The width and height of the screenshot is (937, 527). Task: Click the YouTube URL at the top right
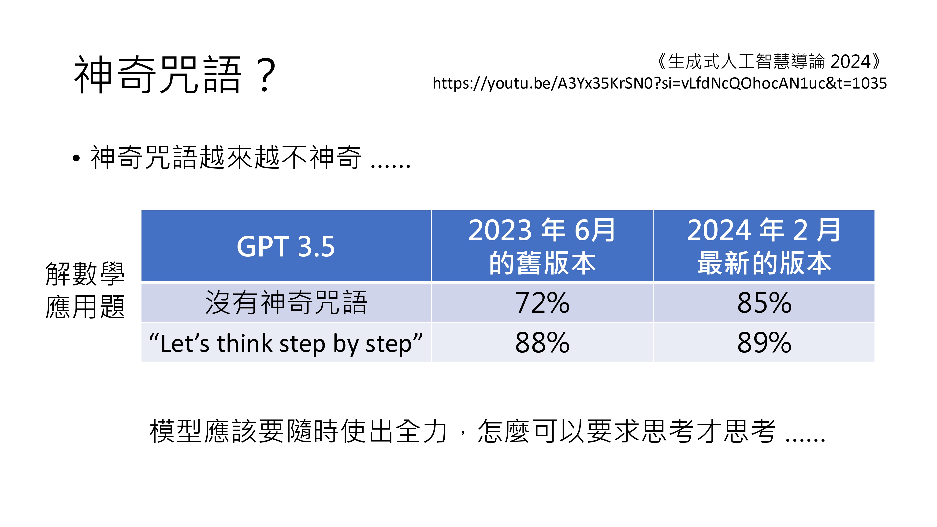click(x=659, y=83)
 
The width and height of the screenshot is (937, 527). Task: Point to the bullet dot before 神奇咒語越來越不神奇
click(x=76, y=158)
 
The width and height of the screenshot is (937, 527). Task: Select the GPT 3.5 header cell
click(x=286, y=246)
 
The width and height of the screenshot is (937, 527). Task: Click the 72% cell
click(x=542, y=303)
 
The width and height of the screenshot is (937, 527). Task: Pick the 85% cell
click(x=764, y=303)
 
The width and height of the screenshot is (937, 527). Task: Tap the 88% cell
click(x=542, y=342)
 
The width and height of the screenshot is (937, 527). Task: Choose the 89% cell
click(x=764, y=342)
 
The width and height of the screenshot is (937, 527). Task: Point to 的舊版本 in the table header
click(x=542, y=263)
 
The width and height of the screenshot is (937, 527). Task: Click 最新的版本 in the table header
click(x=764, y=263)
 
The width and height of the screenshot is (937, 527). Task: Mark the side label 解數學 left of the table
click(x=85, y=274)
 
